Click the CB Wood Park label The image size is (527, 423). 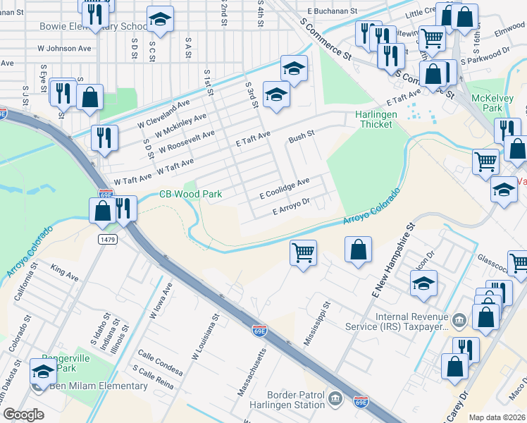[190, 194]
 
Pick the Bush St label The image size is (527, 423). [301, 132]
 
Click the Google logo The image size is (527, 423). [23, 415]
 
